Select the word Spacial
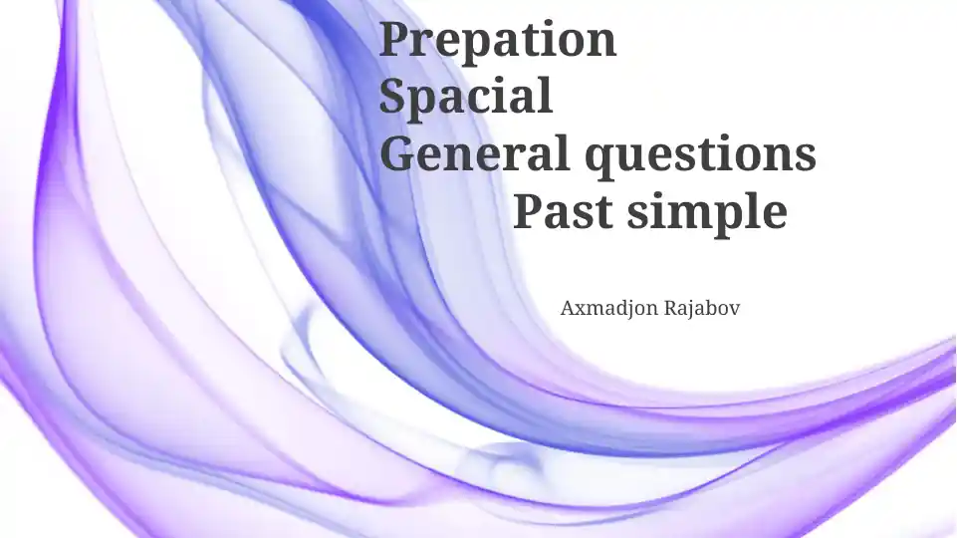(466, 96)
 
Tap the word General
(475, 152)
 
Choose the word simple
(707, 213)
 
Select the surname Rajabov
(702, 308)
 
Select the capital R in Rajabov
(671, 308)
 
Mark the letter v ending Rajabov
(734, 310)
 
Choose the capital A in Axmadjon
(568, 308)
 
